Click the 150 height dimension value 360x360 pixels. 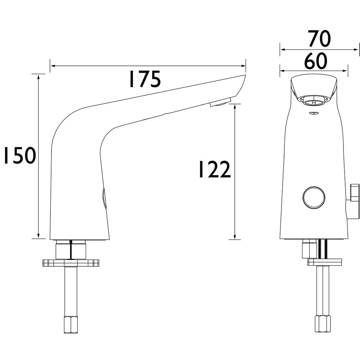click(20, 156)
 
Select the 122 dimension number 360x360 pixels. click(215, 170)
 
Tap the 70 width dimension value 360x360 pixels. click(319, 39)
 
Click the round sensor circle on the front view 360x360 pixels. click(314, 197)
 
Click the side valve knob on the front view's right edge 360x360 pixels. click(354, 201)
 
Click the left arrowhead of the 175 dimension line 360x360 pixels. click(53, 66)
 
